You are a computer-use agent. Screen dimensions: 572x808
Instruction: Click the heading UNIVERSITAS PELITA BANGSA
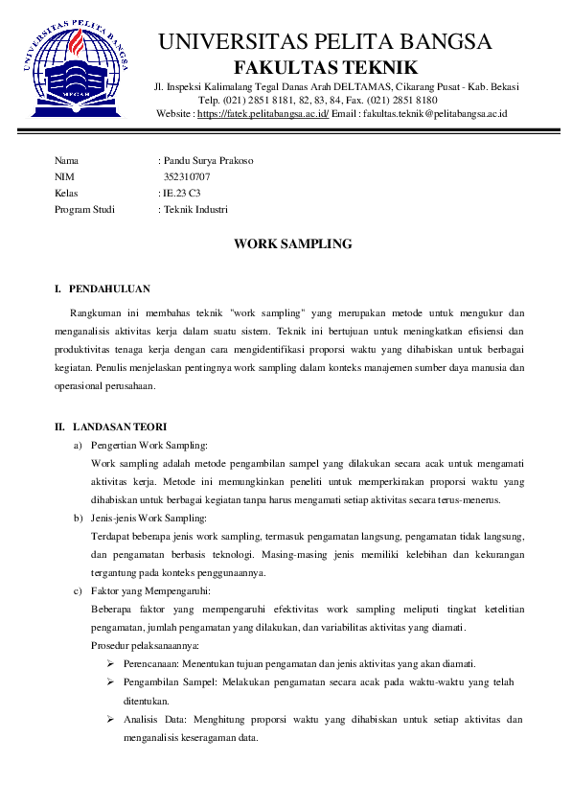click(x=326, y=42)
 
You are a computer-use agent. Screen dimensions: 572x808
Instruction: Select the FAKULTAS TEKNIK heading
click(x=326, y=67)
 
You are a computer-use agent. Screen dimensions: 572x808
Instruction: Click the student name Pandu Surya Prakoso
click(x=209, y=160)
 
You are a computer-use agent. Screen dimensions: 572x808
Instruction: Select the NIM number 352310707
click(x=187, y=176)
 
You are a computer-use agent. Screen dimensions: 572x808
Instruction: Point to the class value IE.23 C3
click(x=183, y=193)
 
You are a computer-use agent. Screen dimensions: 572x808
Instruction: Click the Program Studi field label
click(x=84, y=209)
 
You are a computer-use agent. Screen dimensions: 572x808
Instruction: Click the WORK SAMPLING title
click(x=293, y=244)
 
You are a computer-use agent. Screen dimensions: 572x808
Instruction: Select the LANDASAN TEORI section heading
click(x=117, y=427)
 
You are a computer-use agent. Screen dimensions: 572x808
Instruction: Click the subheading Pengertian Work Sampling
click(x=149, y=445)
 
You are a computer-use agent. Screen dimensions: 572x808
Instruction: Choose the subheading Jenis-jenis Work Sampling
click(x=149, y=518)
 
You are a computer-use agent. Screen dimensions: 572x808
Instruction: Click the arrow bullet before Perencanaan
click(x=112, y=664)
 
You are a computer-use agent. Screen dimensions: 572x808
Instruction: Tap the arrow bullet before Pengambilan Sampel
click(x=112, y=682)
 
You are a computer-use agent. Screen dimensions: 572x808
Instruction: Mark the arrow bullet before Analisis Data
click(x=112, y=719)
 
